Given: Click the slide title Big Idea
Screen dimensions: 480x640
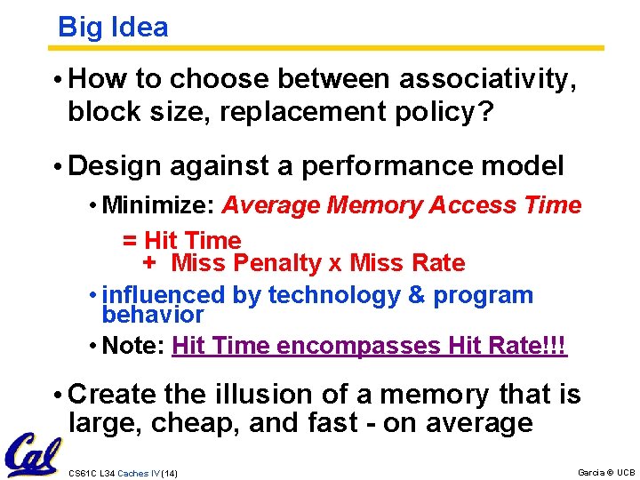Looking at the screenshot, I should point(113,28).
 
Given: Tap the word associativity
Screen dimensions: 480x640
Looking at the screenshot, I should point(488,80).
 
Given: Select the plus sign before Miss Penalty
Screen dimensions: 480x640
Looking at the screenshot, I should point(149,263).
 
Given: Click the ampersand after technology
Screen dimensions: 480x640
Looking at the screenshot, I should point(416,296).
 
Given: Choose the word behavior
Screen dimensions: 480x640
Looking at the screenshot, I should point(153,316).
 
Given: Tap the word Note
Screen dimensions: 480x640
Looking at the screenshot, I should point(133,346).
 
